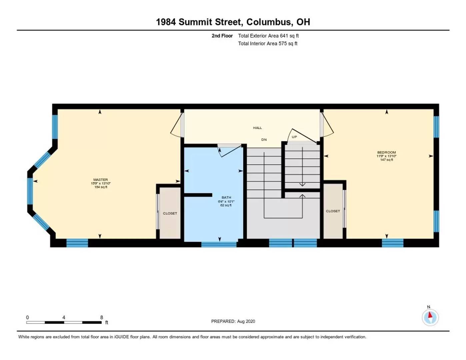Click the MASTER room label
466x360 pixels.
[100, 180]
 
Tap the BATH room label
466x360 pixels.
[226, 197]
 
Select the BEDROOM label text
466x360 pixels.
[386, 152]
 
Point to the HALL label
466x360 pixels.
[257, 128]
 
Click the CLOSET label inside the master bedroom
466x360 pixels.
[170, 213]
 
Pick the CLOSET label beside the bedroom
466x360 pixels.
[333, 211]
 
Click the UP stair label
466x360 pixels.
[294, 137]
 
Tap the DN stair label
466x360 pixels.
[264, 140]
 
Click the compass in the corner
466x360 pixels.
[430, 317]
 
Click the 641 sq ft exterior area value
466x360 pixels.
[289, 36]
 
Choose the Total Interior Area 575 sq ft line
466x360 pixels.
[268, 44]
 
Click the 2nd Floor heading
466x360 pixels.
[222, 36]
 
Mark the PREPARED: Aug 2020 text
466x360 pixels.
[233, 321]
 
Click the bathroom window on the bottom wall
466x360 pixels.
[219, 244]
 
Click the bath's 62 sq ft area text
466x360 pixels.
[226, 205]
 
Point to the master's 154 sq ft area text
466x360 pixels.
[100, 187]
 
